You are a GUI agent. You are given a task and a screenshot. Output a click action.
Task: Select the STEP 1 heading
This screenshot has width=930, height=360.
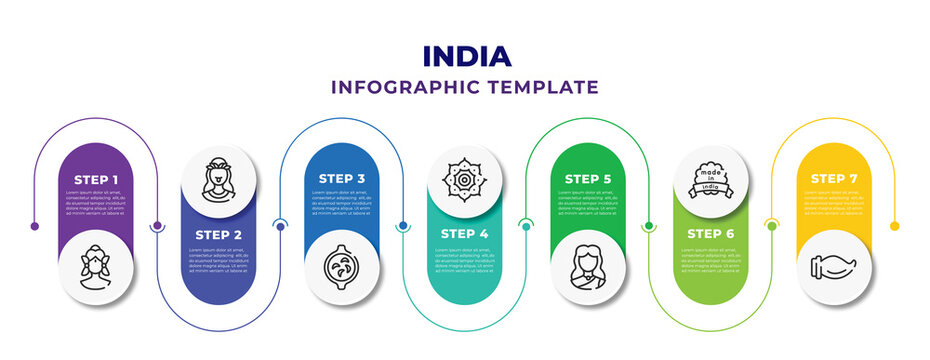click(x=96, y=179)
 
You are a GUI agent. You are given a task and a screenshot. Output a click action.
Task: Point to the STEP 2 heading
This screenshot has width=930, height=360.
click(x=219, y=234)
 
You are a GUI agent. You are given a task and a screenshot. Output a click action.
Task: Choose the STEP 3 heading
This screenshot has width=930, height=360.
click(x=342, y=179)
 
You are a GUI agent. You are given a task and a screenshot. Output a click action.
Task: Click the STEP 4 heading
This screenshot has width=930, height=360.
click(x=465, y=234)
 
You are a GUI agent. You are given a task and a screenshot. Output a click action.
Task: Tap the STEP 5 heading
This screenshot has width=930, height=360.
click(x=588, y=179)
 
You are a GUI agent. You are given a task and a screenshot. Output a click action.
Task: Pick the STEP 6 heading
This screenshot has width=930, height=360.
click(x=711, y=234)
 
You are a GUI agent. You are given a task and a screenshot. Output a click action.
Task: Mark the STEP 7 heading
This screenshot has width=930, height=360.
click(x=834, y=179)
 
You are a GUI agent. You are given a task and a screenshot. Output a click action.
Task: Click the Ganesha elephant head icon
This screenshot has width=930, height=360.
click(x=96, y=266)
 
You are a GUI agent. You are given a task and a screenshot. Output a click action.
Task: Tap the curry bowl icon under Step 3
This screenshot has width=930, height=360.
click(x=342, y=266)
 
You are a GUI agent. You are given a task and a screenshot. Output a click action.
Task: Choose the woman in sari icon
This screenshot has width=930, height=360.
click(x=588, y=266)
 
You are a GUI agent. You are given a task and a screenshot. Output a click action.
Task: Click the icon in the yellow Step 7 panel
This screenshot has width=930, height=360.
click(x=834, y=266)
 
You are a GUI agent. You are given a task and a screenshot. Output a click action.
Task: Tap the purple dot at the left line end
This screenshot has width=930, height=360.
click(x=35, y=226)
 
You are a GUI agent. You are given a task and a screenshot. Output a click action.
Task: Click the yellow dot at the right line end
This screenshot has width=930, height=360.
click(x=894, y=226)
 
